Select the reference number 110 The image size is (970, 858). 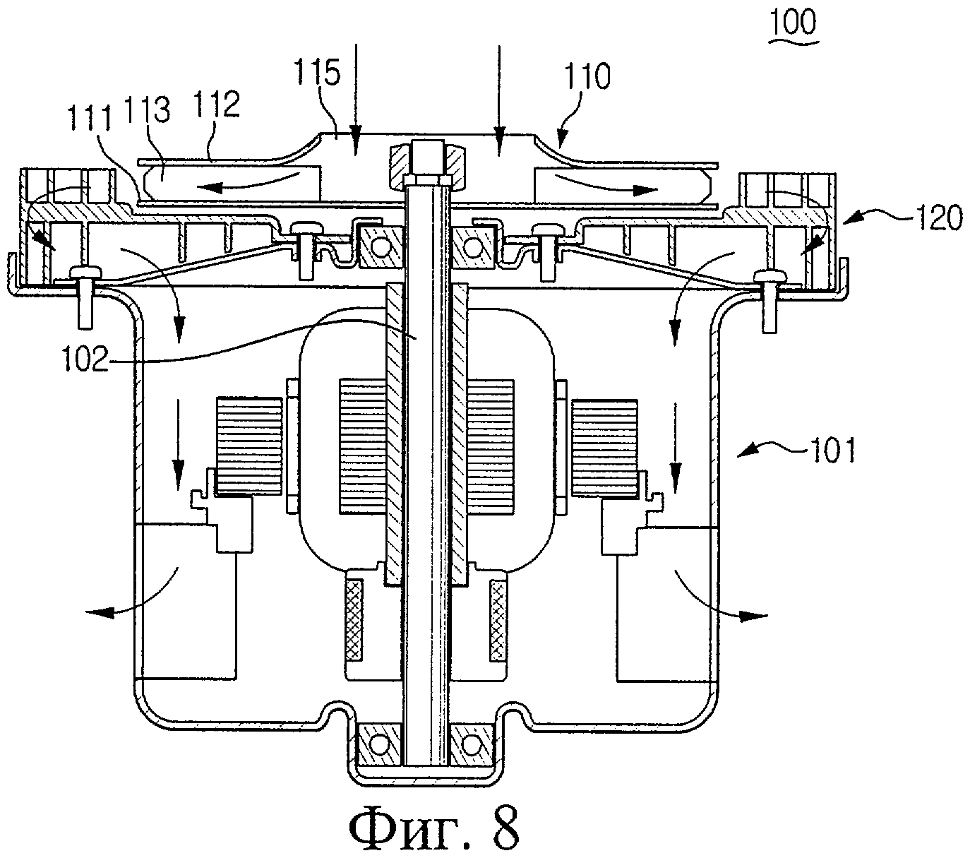pos(587,76)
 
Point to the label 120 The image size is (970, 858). pos(939,218)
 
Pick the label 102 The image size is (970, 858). pos(86,359)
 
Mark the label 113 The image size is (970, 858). pos(147,111)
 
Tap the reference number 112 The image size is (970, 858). pos(217,104)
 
